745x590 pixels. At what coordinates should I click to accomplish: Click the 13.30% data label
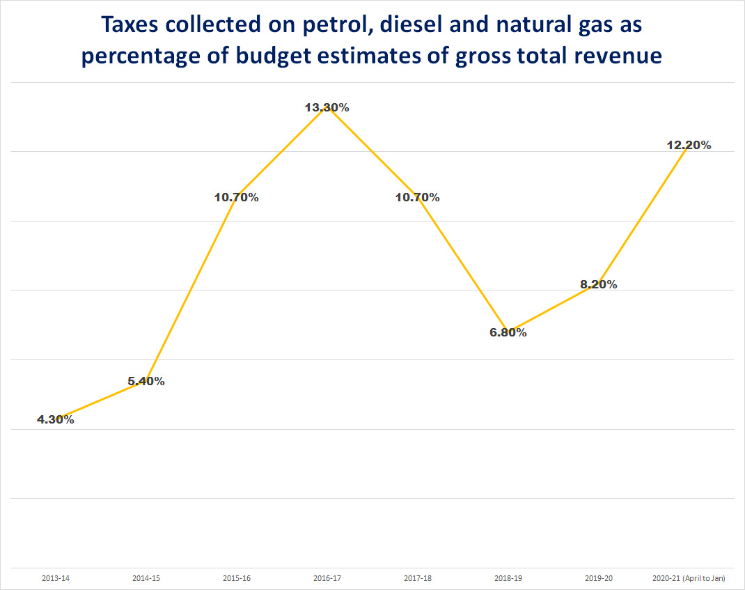(x=327, y=107)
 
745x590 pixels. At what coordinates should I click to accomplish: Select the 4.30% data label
(x=56, y=419)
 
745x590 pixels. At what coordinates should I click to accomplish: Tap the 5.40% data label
(x=146, y=381)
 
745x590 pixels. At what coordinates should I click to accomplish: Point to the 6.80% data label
(x=508, y=332)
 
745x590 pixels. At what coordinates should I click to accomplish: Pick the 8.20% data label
(x=599, y=284)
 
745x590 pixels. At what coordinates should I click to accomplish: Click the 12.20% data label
(x=689, y=145)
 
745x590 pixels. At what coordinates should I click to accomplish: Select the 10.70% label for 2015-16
(x=237, y=197)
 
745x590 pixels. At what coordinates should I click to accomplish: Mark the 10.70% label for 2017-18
(x=418, y=197)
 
